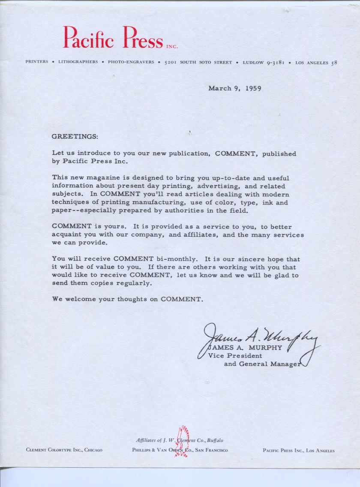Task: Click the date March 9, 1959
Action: [234, 89]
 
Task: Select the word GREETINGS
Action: [75, 136]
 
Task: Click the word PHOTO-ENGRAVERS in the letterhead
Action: [131, 62]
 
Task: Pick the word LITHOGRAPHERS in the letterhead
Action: [78, 62]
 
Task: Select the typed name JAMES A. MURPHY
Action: [245, 348]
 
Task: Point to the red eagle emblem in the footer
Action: [183, 441]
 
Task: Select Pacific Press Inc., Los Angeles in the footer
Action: [299, 451]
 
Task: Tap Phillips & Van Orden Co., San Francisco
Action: [180, 450]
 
